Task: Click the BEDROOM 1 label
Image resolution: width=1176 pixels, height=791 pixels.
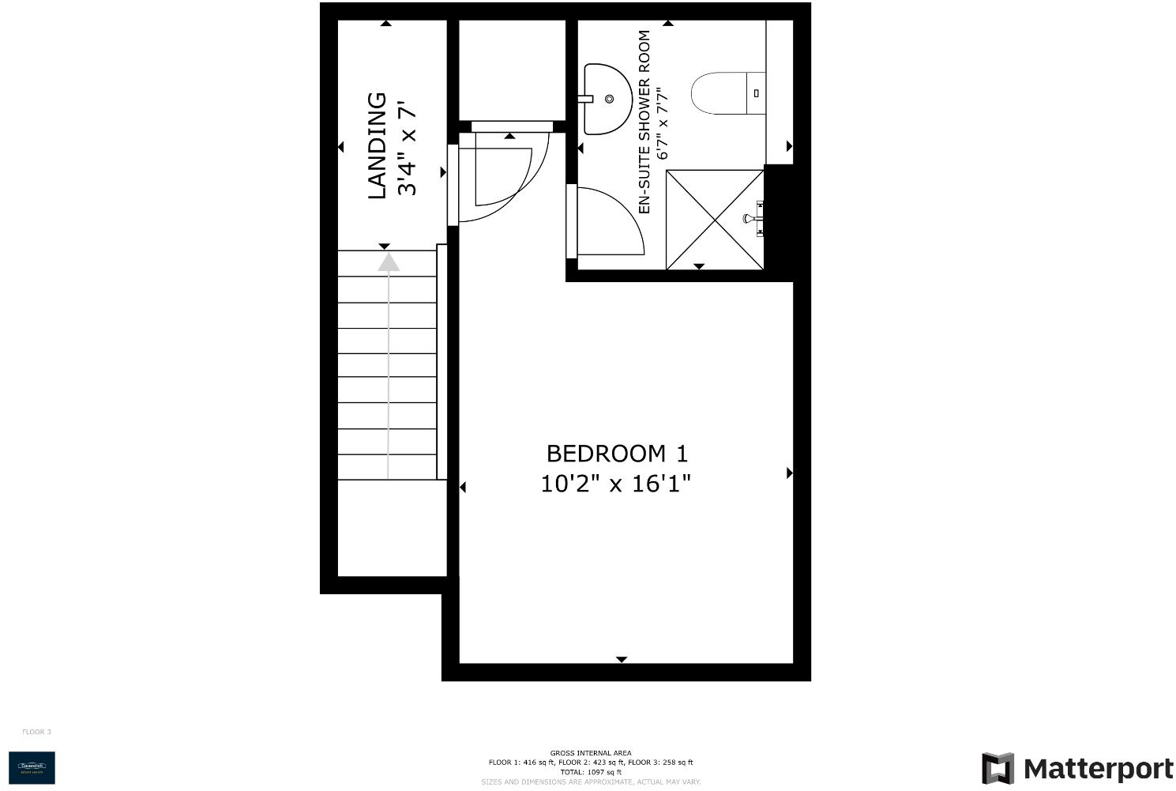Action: tap(617, 454)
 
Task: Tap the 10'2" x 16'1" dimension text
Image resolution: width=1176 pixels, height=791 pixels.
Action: tap(615, 483)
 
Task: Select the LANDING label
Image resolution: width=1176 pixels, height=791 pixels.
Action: tap(378, 146)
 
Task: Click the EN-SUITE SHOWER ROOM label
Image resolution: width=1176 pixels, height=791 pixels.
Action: tap(644, 122)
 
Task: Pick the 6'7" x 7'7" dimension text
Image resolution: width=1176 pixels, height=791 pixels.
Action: tap(663, 123)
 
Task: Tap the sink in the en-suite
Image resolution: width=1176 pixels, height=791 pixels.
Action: tap(606, 99)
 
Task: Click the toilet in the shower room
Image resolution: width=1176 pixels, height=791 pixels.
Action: tap(727, 93)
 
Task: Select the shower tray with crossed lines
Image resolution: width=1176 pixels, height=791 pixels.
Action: tap(715, 220)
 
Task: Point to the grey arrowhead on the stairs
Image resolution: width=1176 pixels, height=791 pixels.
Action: tap(388, 262)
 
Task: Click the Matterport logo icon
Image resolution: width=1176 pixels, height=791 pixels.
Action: tap(998, 769)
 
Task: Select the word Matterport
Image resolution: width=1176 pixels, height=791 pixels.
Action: tap(1098, 769)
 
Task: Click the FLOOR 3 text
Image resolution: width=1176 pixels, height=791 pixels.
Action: tap(36, 732)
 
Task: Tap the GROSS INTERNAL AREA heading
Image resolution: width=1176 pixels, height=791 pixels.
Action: tap(591, 753)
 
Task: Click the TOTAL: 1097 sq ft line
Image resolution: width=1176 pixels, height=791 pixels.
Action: tap(591, 772)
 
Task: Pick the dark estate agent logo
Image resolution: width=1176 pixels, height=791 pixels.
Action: tap(32, 767)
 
